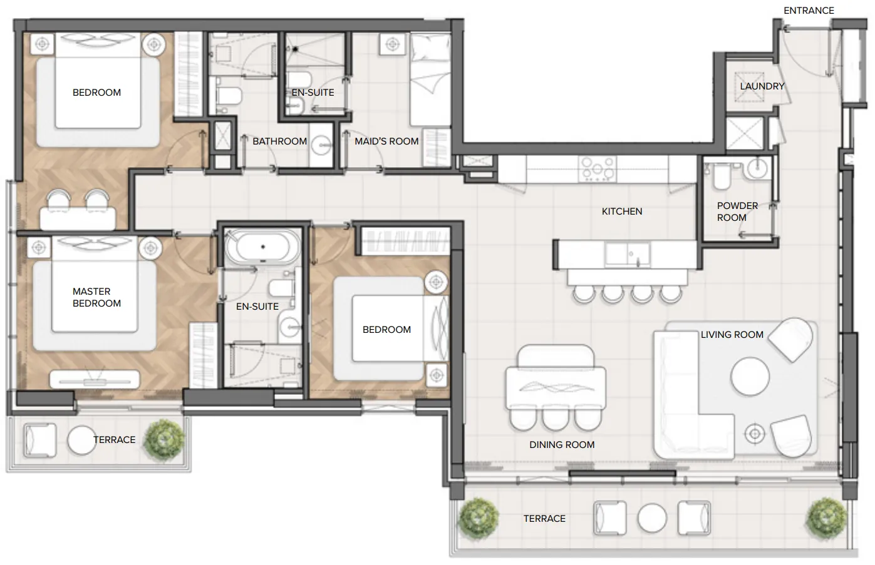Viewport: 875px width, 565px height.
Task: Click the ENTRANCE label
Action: pos(809,11)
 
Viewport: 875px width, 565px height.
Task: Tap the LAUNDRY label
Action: pos(762,86)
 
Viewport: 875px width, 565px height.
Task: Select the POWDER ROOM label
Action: pos(737,211)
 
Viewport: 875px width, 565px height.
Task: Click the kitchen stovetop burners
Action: pos(598,169)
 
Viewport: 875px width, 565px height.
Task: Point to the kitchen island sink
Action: pos(628,254)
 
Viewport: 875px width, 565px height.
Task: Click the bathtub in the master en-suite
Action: pos(263,247)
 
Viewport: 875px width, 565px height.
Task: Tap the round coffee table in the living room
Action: pos(750,377)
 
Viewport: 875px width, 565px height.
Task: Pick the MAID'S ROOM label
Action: pos(386,141)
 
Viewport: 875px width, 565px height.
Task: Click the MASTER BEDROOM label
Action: pos(96,297)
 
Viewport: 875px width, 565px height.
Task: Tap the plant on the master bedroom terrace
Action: pos(164,440)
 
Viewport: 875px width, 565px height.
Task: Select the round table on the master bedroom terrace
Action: pos(81,440)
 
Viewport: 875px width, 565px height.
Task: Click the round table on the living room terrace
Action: pos(652,518)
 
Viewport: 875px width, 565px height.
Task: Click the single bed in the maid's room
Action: pos(430,79)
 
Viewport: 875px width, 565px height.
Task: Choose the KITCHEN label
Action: pos(622,211)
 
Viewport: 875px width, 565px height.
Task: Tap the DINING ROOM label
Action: pos(562,444)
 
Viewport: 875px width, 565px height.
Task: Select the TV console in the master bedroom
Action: pos(95,379)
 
